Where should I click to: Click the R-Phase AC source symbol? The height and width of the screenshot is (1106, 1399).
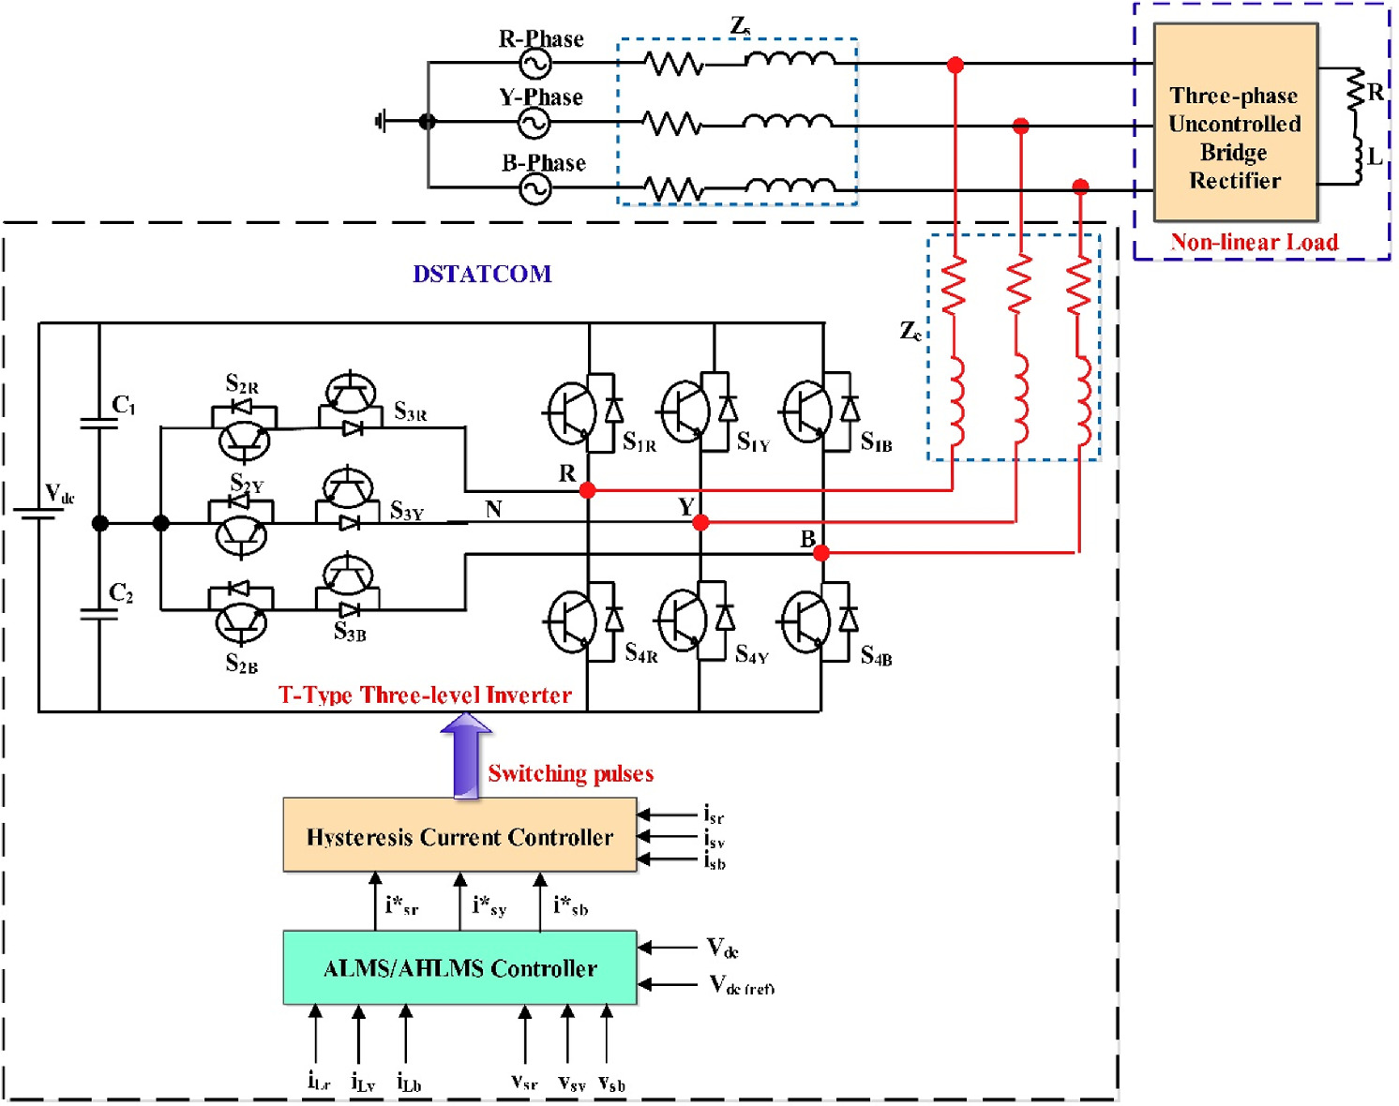(x=534, y=64)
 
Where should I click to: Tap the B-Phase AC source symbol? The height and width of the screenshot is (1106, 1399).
(x=534, y=189)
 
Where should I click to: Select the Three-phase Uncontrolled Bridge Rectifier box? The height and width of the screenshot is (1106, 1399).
(x=1235, y=122)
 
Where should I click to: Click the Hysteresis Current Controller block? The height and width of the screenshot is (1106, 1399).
(x=459, y=836)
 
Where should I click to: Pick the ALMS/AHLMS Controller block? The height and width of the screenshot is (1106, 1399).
(x=459, y=967)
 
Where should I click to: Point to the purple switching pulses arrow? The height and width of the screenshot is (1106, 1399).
(x=466, y=755)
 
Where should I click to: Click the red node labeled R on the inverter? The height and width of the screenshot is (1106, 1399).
(x=587, y=490)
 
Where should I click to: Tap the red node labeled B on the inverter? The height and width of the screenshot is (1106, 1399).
(x=821, y=554)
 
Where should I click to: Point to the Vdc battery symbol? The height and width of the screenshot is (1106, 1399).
(x=38, y=515)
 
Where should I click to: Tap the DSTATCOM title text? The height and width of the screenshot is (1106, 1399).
(x=482, y=274)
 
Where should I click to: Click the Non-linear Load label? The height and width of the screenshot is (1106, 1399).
(x=1254, y=243)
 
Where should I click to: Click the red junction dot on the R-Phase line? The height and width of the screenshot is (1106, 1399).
(x=955, y=65)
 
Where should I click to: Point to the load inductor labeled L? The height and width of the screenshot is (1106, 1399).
(x=1356, y=157)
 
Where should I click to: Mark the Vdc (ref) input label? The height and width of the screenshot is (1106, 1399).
(x=741, y=984)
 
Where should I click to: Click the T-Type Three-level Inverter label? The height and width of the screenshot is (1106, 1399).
(x=425, y=695)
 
